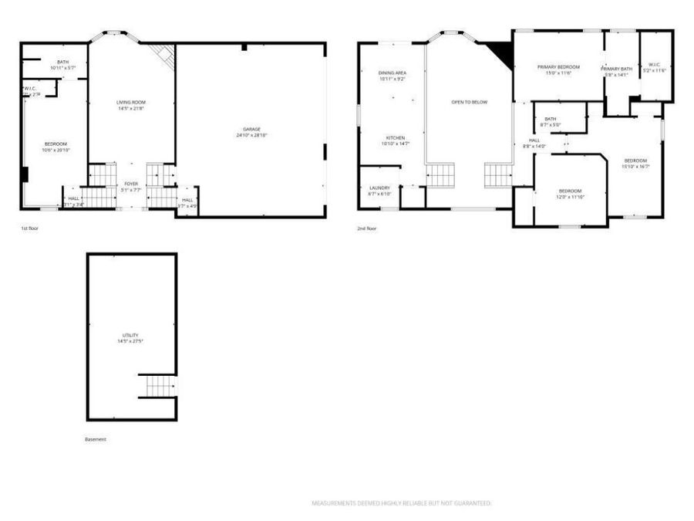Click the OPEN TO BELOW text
[469, 102]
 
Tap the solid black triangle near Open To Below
[501, 53]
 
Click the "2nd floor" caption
[366, 228]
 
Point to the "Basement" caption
[96, 439]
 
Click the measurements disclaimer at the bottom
[401, 503]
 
